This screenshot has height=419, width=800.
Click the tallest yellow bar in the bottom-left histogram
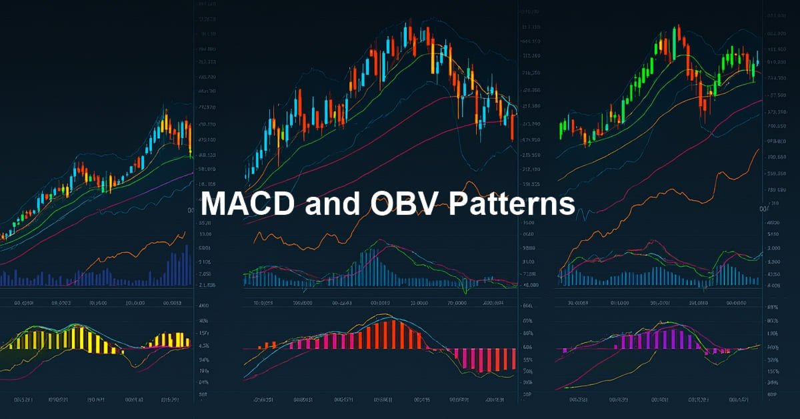point(79,337)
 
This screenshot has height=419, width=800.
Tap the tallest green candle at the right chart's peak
point(677,40)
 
